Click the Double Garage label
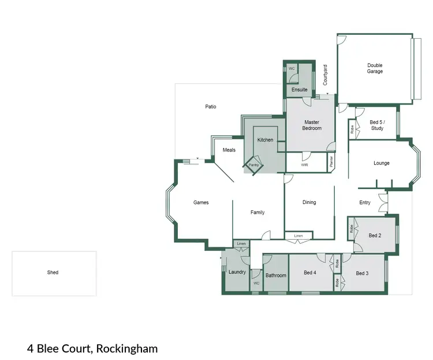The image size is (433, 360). tap(375, 68)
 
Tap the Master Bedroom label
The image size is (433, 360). tap(312, 125)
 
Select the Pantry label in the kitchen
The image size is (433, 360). tap(253, 165)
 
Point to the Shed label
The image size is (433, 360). tap(53, 272)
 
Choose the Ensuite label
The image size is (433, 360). tap(299, 90)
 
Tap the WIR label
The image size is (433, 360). tap(304, 165)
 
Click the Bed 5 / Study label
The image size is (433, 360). tap(376, 125)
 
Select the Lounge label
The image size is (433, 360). tap(381, 163)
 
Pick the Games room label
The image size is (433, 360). tap(201, 202)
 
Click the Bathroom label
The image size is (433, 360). tap(275, 275)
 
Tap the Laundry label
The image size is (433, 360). tap(237, 272)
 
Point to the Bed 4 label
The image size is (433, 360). tap(311, 272)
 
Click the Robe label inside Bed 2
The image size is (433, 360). tap(352, 229)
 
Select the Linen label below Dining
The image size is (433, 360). tap(298, 236)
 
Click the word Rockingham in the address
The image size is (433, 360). tap(127, 348)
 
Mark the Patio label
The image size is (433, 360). tap(211, 106)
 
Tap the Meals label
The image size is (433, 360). tap(229, 150)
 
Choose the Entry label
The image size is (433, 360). tap(365, 202)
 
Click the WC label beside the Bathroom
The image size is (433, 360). tap(256, 283)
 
